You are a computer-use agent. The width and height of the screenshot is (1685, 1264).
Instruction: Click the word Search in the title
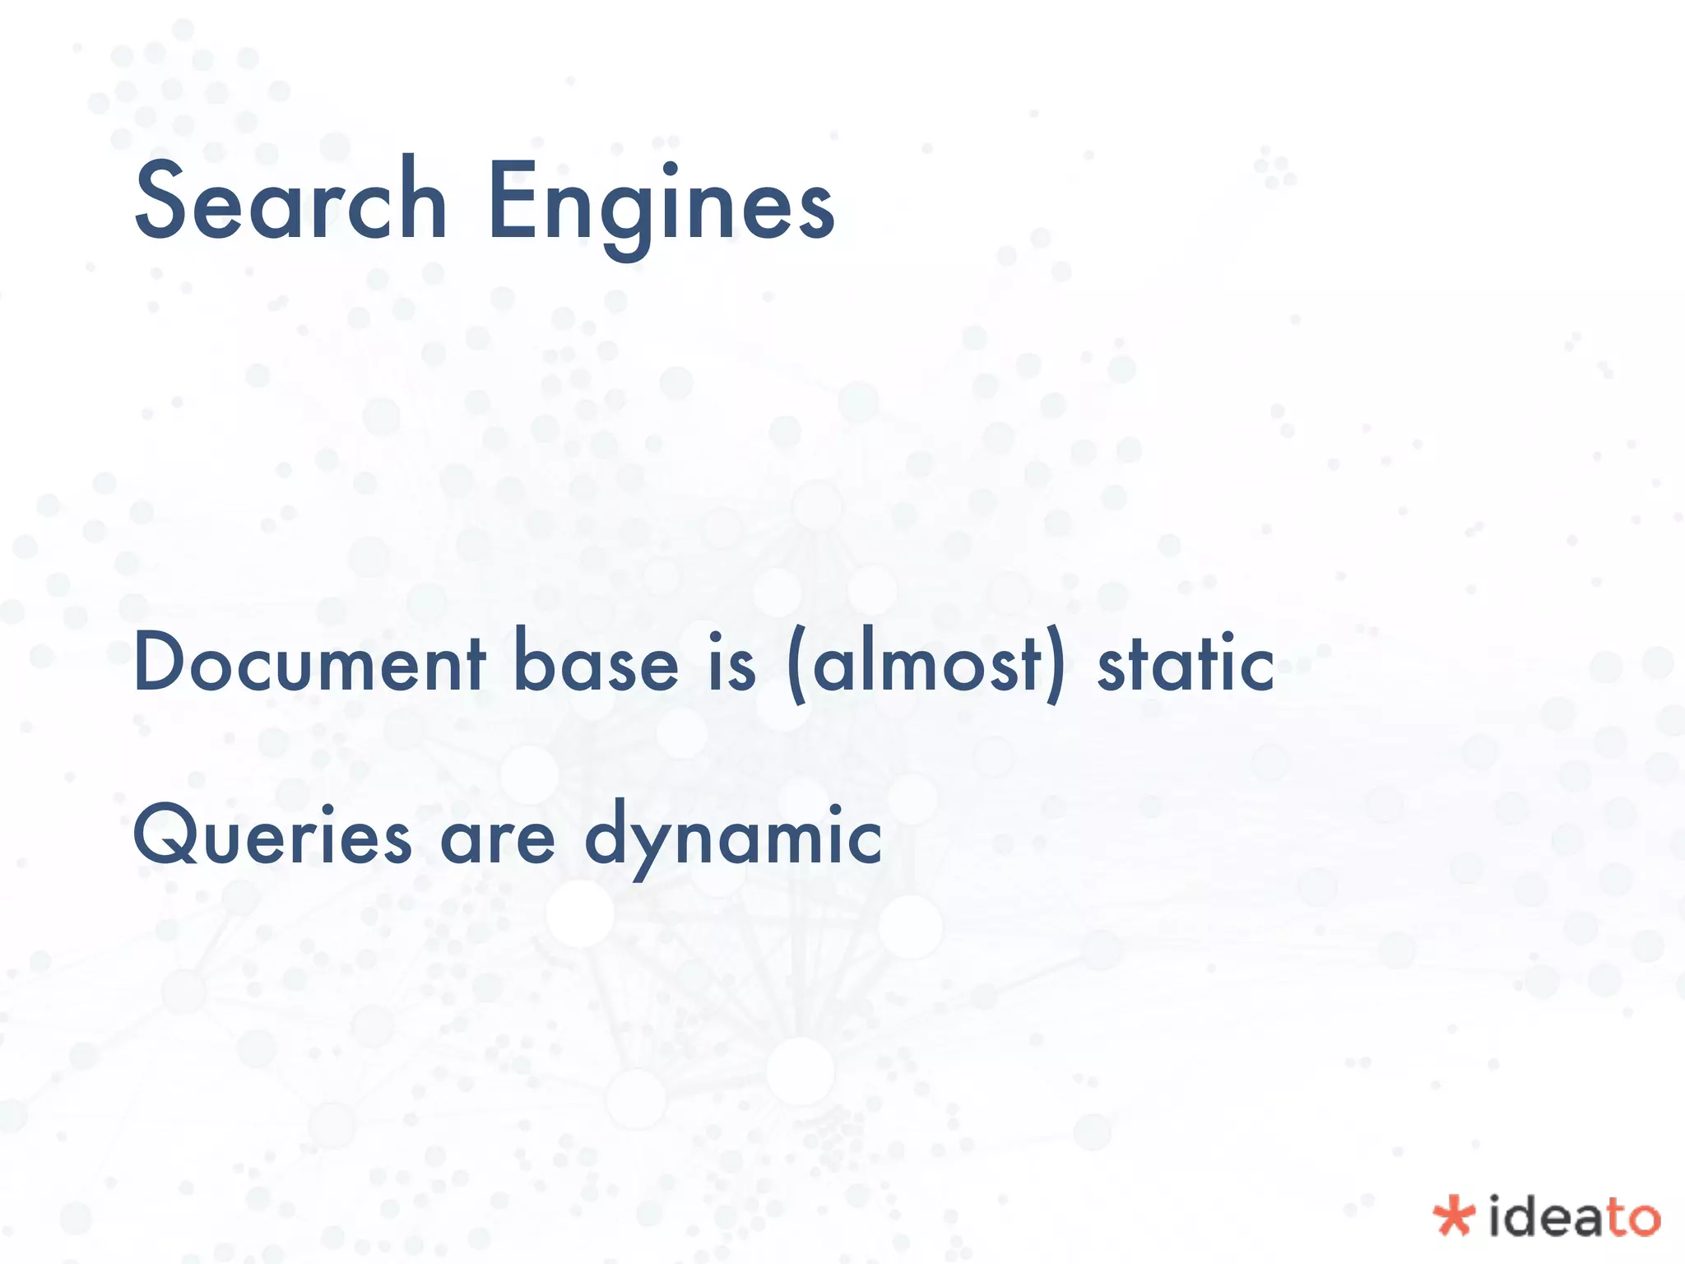[x=290, y=202]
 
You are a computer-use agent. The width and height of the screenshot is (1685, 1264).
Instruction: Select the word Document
[x=309, y=662]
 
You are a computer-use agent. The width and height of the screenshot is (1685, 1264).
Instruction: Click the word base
[x=596, y=662]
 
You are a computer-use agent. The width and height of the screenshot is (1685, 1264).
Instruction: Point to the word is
[x=732, y=663]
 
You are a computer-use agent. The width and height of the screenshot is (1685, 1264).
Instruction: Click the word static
[x=1186, y=663]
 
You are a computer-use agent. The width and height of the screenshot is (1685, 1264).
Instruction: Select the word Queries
[x=272, y=836]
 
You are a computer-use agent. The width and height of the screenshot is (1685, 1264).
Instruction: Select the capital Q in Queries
[x=166, y=836]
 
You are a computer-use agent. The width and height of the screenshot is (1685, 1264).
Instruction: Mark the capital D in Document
[x=162, y=662]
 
